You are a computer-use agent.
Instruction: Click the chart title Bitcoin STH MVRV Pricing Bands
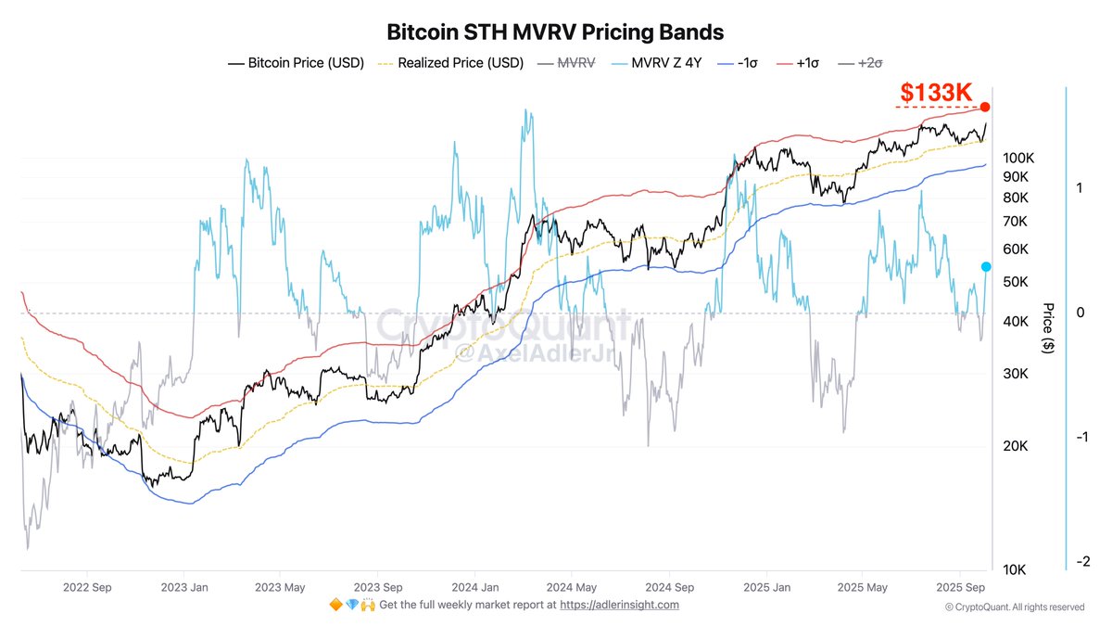pos(554,32)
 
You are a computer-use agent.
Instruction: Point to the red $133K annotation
pos(937,93)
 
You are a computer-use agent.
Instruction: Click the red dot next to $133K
pos(986,108)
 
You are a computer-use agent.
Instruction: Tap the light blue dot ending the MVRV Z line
pos(986,267)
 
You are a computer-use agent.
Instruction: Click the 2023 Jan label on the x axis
pos(183,587)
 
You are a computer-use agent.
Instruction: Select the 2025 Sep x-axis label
pos(961,587)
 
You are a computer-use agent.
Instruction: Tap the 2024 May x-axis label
pos(572,587)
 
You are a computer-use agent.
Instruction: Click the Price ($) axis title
pos(1048,327)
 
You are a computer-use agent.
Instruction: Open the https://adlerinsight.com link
pos(620,605)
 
